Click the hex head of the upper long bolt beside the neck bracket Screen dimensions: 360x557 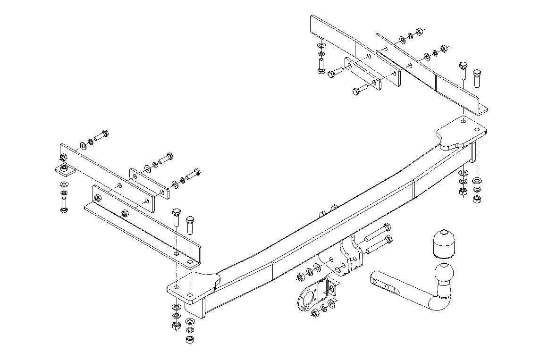388,227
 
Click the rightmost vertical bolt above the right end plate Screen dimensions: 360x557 477,78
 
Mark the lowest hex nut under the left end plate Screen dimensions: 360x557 189,339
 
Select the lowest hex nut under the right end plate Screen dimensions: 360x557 476,200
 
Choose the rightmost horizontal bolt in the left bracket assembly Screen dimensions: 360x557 193,174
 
